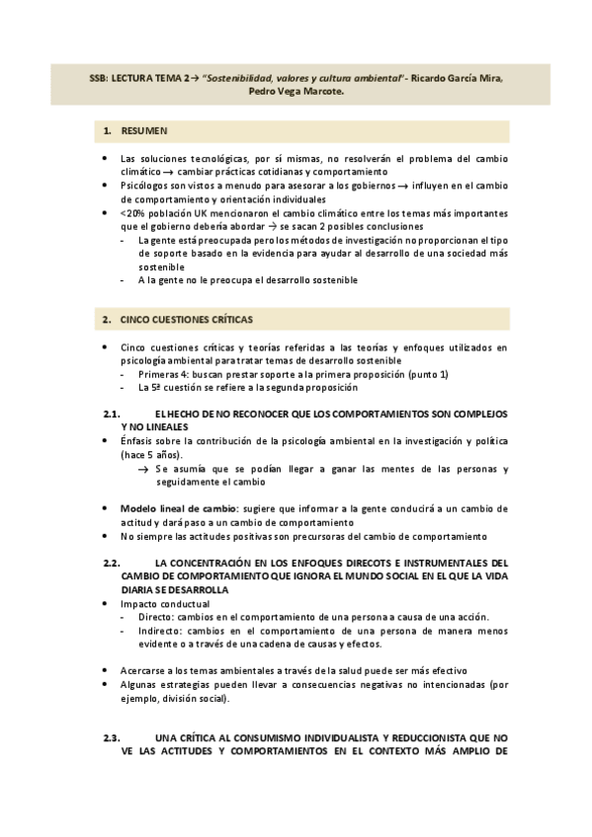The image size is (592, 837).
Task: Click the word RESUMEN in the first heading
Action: click(144, 131)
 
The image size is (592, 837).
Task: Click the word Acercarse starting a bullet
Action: click(147, 669)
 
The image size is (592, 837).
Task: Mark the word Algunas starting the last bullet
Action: click(142, 684)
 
